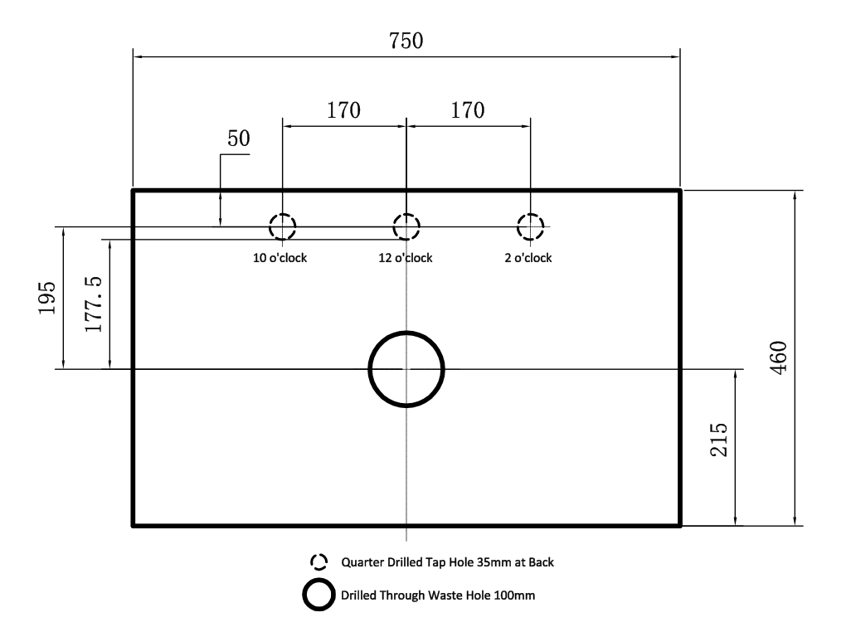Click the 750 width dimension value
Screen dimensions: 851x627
406,41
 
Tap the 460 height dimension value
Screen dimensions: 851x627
778,357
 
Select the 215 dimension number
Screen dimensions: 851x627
718,440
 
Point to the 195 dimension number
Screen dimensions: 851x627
46,298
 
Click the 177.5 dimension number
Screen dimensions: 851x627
94,304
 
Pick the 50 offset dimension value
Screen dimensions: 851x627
239,139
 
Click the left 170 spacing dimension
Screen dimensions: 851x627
343,110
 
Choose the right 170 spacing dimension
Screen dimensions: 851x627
468,110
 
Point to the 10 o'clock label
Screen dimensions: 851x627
280,258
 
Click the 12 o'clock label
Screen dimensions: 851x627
406,258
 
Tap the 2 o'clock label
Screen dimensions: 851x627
528,258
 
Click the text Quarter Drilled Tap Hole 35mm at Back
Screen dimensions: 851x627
448,562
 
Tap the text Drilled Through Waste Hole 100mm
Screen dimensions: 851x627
438,595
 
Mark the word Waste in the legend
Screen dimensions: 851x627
445,595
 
